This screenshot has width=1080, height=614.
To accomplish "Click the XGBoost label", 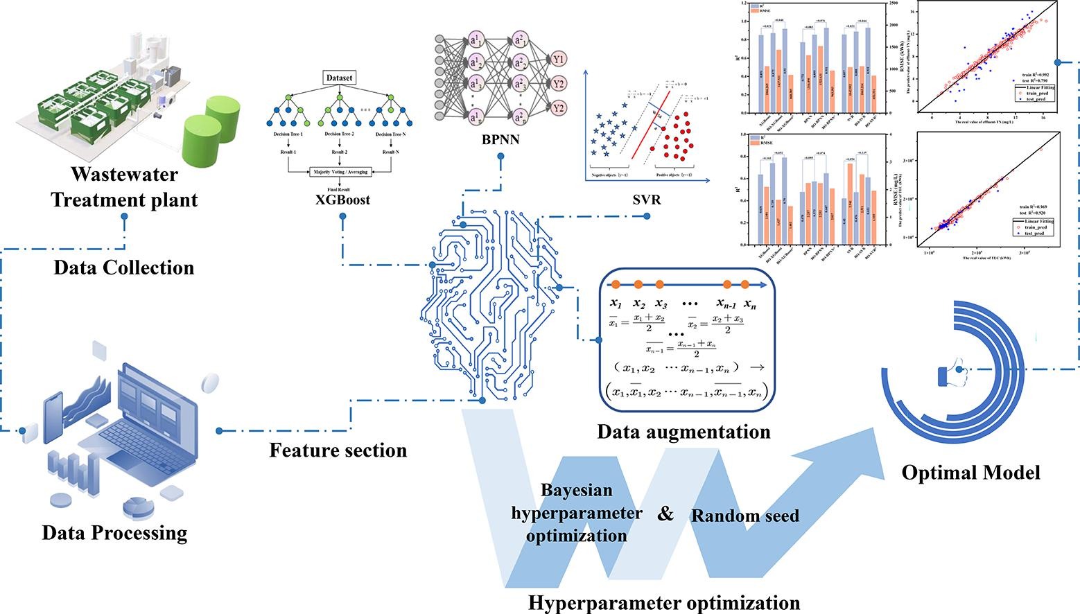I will pos(340,200).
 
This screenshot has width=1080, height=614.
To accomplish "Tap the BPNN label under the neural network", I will pos(500,140).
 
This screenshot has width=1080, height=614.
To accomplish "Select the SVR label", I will pos(647,200).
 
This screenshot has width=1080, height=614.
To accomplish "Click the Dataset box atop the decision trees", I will pos(340,78).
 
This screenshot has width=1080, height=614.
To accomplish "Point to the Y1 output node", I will pos(559,60).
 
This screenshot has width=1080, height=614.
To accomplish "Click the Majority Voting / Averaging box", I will pos(340,171).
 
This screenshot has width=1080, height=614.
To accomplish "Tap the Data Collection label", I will pos(124,267).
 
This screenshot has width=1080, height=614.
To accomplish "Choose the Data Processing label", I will pos(115,532).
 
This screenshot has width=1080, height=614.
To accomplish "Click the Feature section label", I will pos(338,450).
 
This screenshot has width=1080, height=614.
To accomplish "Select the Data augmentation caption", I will pos(684,432).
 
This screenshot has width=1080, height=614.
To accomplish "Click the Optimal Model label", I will pos(970,473).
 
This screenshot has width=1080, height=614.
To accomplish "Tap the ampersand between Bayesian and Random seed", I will pos(665,514).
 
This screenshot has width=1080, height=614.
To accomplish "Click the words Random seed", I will pos(745,516).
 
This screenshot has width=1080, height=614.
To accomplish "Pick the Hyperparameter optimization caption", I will pos(664,602).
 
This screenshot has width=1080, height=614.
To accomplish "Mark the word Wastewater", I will pos(124,174).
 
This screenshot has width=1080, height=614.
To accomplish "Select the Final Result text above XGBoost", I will pos(339,188).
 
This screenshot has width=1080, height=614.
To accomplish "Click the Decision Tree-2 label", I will pos(338,134).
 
